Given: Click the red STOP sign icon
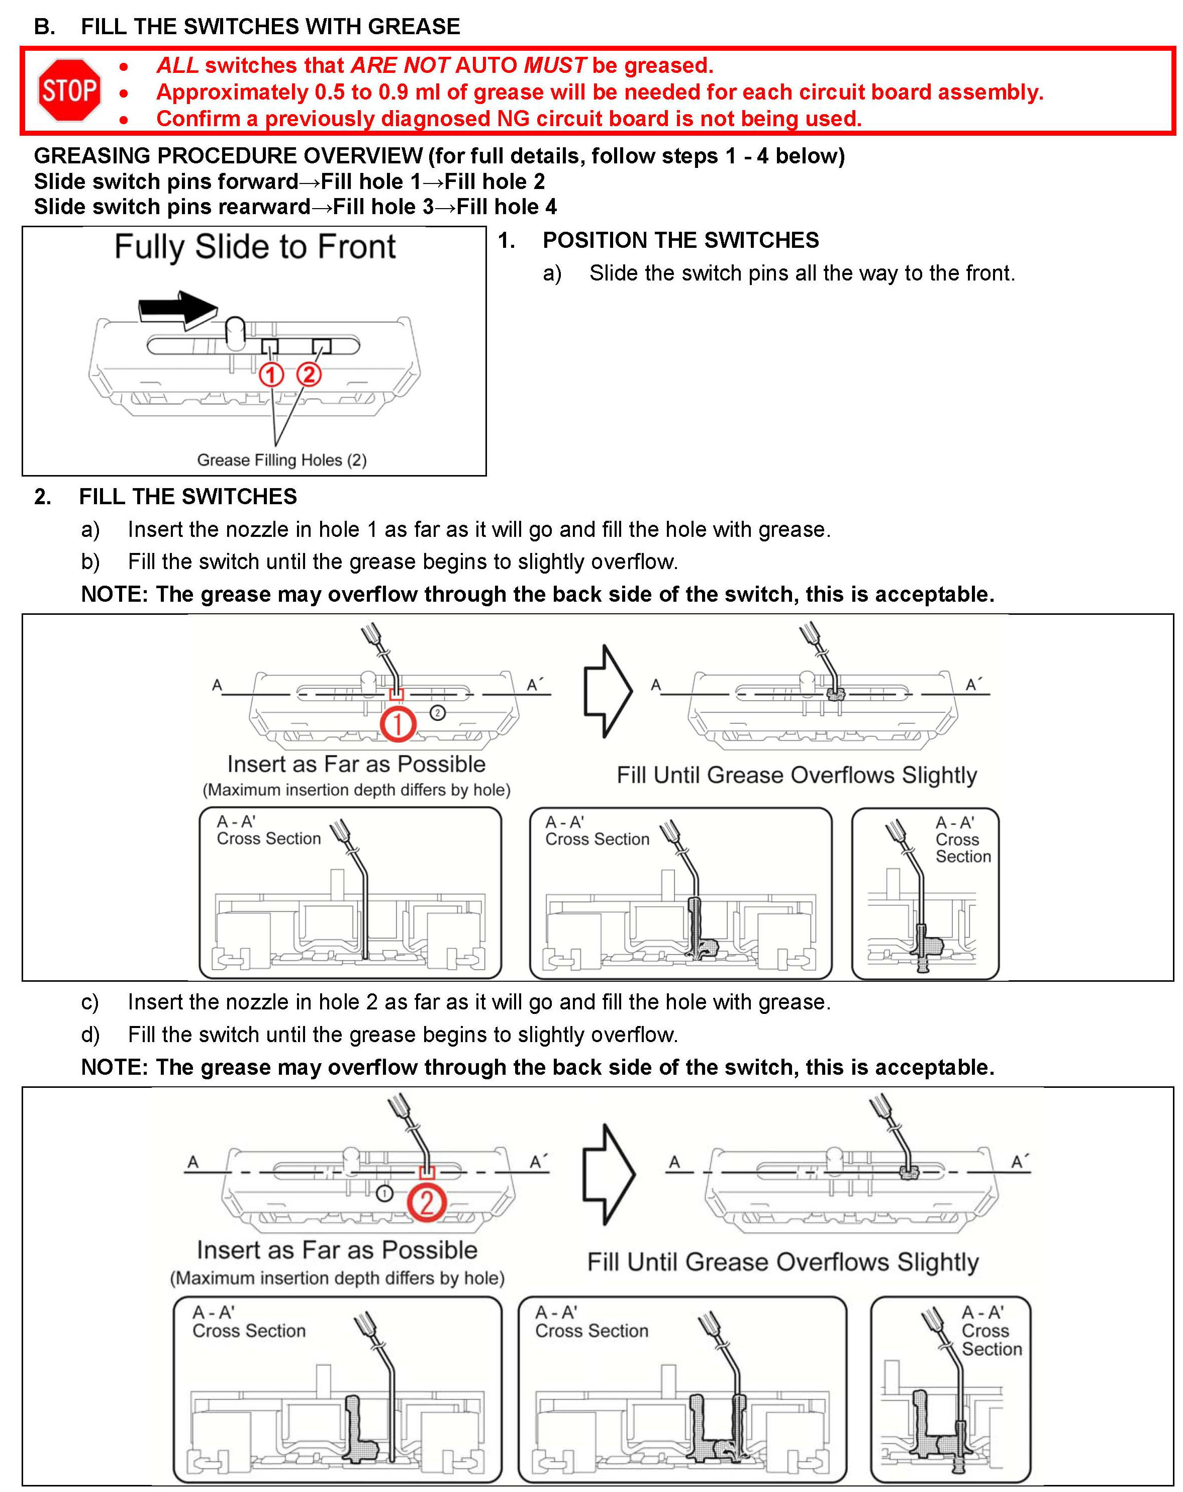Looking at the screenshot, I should tap(69, 90).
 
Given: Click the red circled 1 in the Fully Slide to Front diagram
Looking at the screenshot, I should tap(271, 375).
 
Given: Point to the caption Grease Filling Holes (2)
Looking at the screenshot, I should tap(281, 459).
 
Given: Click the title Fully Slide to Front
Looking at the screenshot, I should tap(255, 247).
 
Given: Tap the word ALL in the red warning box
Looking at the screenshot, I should tap(177, 65).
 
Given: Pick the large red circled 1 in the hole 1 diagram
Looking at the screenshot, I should tap(398, 724).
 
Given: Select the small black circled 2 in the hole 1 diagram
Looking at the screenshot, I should tap(437, 712).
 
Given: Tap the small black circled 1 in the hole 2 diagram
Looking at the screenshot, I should tap(384, 1193).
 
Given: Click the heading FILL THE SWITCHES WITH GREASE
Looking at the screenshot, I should tap(270, 26).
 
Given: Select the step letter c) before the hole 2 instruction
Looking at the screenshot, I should tap(90, 1001).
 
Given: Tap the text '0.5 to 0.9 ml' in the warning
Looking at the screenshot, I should tap(380, 92).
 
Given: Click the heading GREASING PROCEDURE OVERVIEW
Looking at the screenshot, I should tap(228, 156).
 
